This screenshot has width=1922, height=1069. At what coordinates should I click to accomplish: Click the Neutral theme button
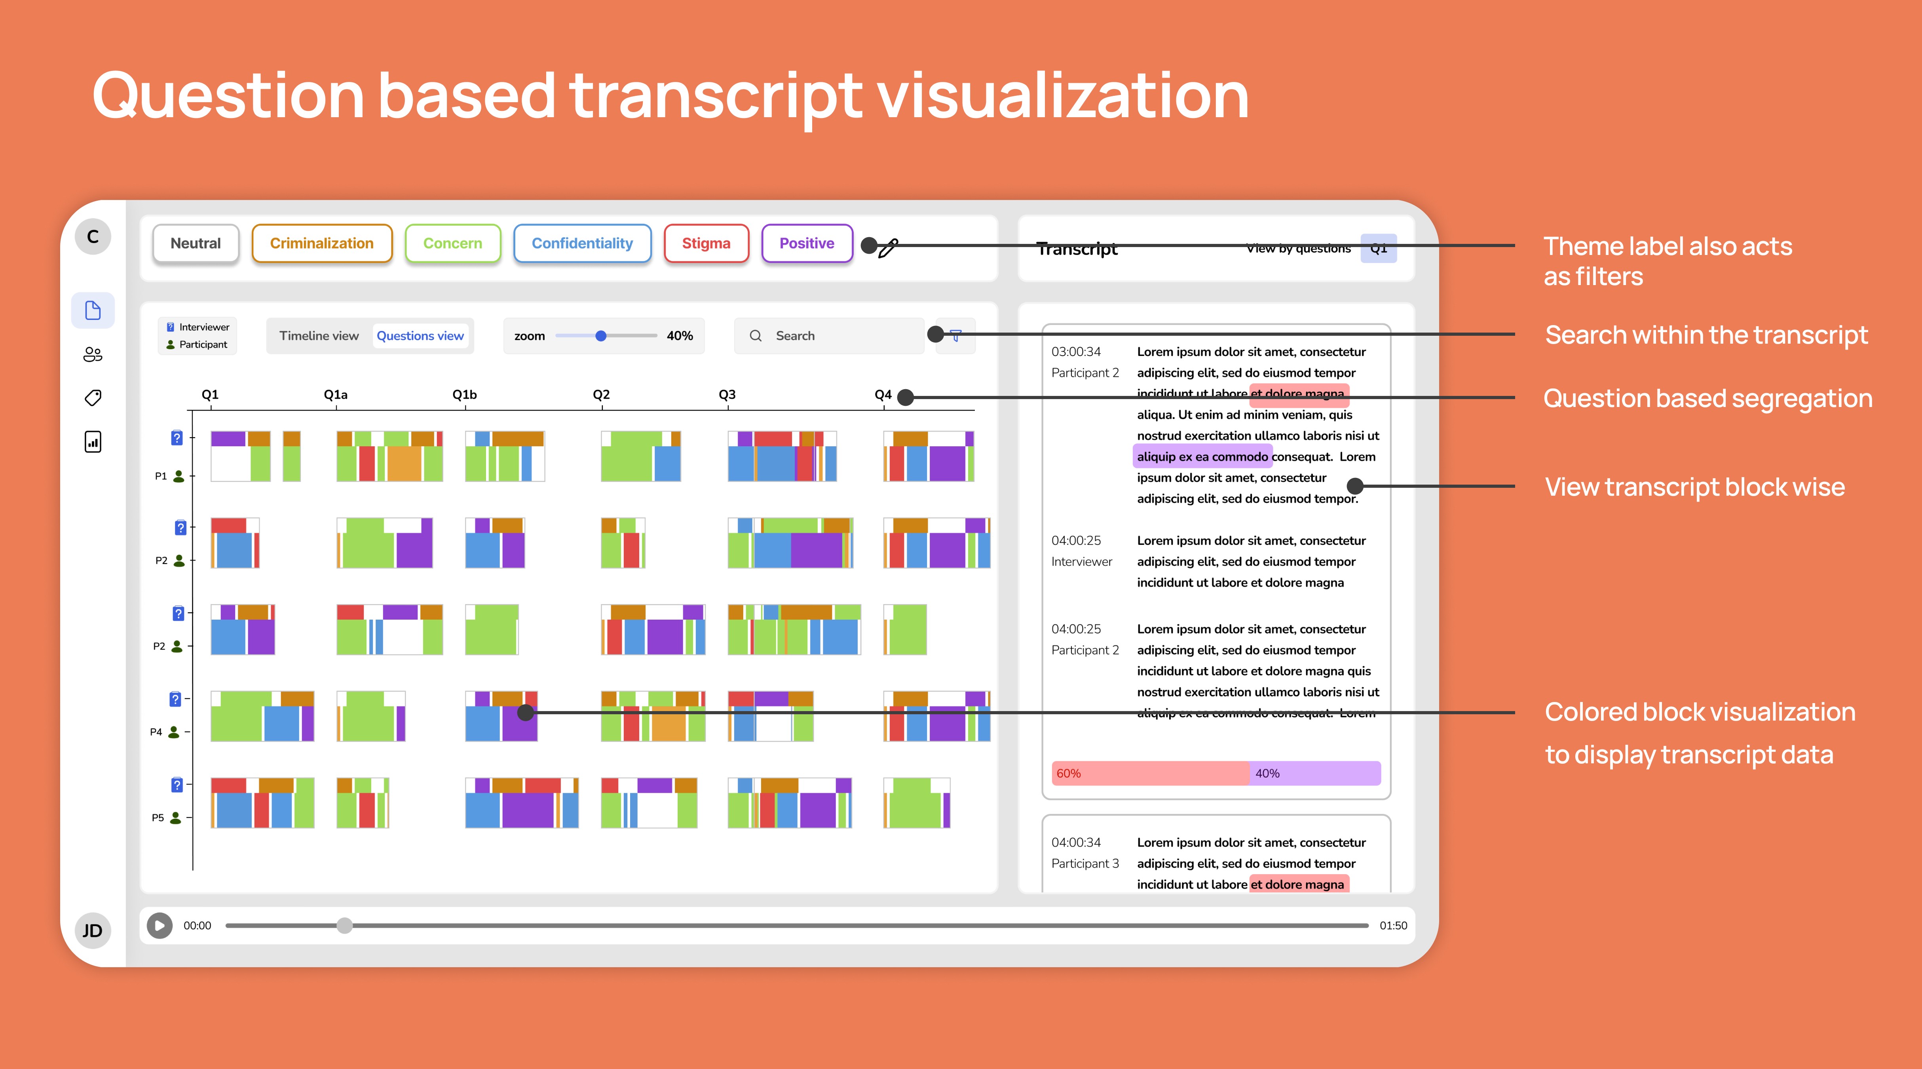pyautogui.click(x=196, y=243)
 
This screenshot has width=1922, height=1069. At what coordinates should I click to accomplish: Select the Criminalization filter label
pyautogui.click(x=321, y=243)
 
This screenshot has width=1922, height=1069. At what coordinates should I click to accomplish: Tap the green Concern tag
pyautogui.click(x=452, y=243)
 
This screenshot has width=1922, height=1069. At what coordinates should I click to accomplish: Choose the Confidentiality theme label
pyautogui.click(x=582, y=243)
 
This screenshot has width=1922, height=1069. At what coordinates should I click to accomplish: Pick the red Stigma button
pyautogui.click(x=706, y=243)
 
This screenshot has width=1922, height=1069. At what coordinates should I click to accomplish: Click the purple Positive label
pyautogui.click(x=807, y=243)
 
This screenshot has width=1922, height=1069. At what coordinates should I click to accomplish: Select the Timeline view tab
pyautogui.click(x=319, y=336)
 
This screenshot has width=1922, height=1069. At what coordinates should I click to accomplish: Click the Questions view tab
pyautogui.click(x=420, y=336)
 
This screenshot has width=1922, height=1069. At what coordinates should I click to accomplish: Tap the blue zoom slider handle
pyautogui.click(x=601, y=336)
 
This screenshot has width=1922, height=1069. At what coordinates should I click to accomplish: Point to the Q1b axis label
pyautogui.click(x=464, y=394)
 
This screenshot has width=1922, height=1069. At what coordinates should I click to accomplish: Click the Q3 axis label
pyautogui.click(x=727, y=394)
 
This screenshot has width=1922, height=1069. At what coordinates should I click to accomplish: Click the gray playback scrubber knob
pyautogui.click(x=344, y=926)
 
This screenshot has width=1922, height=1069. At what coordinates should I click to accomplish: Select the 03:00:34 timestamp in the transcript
pyautogui.click(x=1076, y=352)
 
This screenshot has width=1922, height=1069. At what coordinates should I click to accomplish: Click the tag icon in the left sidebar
pyautogui.click(x=93, y=398)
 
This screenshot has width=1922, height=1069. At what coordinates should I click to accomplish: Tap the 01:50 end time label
pyautogui.click(x=1393, y=926)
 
